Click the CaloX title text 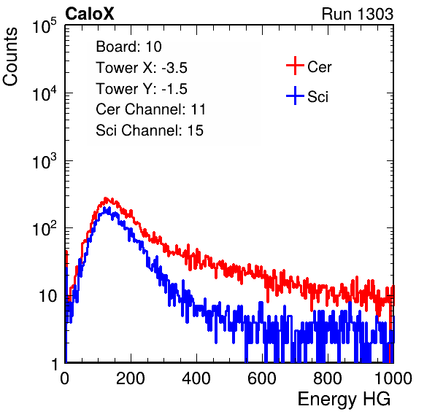90,14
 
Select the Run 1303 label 358,14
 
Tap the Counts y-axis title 10,57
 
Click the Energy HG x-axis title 344,400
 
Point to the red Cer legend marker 295,66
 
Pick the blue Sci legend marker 295,96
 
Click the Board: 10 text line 128,46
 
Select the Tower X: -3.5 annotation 142,67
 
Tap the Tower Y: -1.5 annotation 142,88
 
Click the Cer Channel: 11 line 150,109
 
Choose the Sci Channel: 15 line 150,130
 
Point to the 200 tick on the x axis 131,378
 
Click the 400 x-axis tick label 196,378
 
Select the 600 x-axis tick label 262,378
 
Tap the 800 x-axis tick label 328,378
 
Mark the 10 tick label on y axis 48,296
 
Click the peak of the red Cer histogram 105,198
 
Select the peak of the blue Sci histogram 104,208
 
